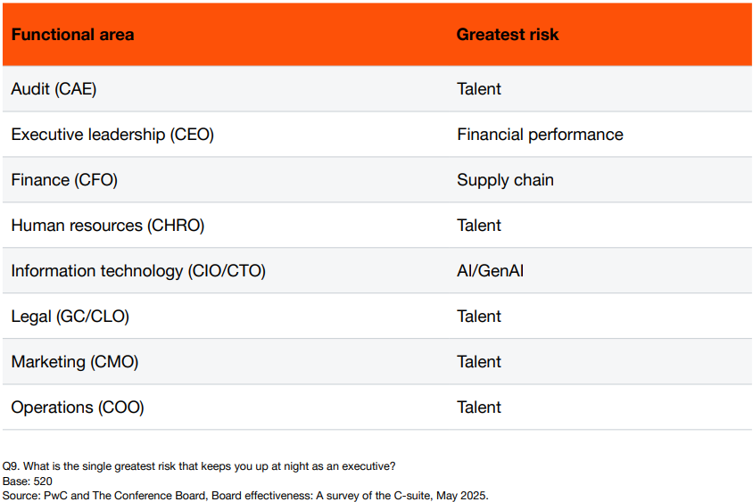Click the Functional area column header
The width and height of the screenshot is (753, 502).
pyautogui.click(x=72, y=35)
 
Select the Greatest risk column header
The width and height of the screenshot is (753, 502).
pyautogui.click(x=508, y=35)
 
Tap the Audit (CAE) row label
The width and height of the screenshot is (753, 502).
pyautogui.click(x=54, y=89)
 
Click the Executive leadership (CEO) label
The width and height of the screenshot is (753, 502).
pyautogui.click(x=112, y=135)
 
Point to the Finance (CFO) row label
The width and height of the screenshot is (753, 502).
pyautogui.click(x=64, y=180)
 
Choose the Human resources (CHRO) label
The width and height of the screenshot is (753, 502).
pyautogui.click(x=108, y=225)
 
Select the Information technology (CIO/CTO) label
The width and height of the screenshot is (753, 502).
pyautogui.click(x=138, y=271)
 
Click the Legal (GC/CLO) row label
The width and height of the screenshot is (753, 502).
pyautogui.click(x=70, y=317)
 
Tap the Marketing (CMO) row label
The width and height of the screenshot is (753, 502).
pyautogui.click(x=74, y=361)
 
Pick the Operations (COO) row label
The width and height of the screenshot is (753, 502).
pyautogui.click(x=78, y=407)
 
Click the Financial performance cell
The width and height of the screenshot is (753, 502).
pyautogui.click(x=540, y=135)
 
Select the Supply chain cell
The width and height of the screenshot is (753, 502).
pyautogui.click(x=505, y=180)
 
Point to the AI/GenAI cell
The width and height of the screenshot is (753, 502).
pyautogui.click(x=490, y=271)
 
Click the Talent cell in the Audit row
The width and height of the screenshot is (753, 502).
pyautogui.click(x=479, y=89)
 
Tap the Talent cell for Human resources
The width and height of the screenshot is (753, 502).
pyautogui.click(x=479, y=225)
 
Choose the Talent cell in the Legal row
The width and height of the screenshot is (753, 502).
pyautogui.click(x=479, y=317)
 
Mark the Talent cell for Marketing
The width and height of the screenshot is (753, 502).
pyautogui.click(x=479, y=361)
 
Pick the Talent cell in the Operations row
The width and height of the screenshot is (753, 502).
pyautogui.click(x=479, y=407)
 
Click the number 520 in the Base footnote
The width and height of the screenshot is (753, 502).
pyautogui.click(x=43, y=481)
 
